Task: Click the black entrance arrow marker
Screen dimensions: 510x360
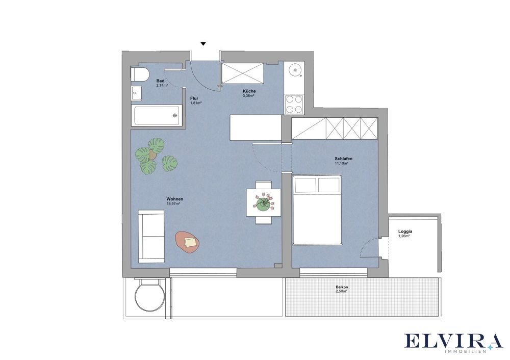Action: coord(203,44)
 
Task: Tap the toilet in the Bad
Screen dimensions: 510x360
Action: coord(140,74)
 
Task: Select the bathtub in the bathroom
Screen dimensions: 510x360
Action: coord(157,115)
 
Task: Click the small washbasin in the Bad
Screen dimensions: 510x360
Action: coord(136,93)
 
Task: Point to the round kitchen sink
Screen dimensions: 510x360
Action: coord(295,70)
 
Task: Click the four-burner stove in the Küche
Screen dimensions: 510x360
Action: coord(294,105)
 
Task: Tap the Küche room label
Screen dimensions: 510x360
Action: coord(249,91)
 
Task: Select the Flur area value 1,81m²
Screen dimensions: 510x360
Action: coord(196,103)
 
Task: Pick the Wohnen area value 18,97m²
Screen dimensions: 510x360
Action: coord(173,203)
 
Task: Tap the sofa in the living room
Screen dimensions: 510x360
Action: coord(151,236)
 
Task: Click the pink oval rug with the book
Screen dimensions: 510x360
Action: coord(187,242)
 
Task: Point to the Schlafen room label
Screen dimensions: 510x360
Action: coord(343,159)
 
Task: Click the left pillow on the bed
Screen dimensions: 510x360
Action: coord(305,185)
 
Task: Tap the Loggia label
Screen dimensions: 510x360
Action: coord(405,232)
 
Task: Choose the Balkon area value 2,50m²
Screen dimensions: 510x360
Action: coord(342,292)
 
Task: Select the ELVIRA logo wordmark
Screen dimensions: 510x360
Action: coord(453,341)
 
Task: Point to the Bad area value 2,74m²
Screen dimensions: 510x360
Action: coord(162,86)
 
